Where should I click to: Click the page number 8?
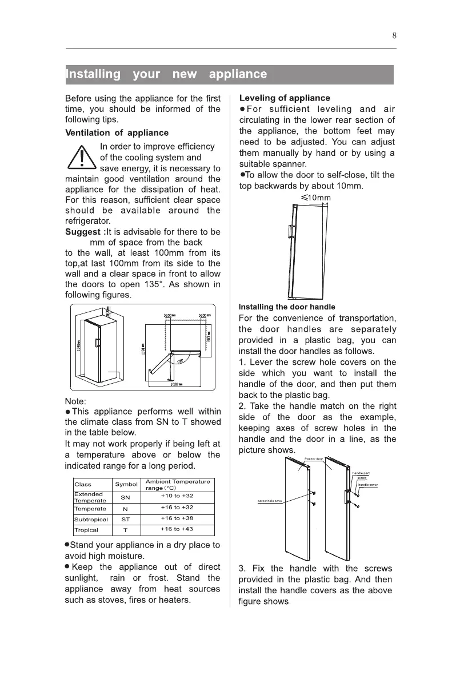pos(394,35)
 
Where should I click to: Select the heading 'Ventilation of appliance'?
pos(117,133)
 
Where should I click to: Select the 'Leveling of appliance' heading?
pos(285,98)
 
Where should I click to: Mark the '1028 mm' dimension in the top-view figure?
pos(176,385)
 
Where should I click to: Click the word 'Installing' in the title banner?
pos(93,74)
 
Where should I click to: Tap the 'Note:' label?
pos(77,401)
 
